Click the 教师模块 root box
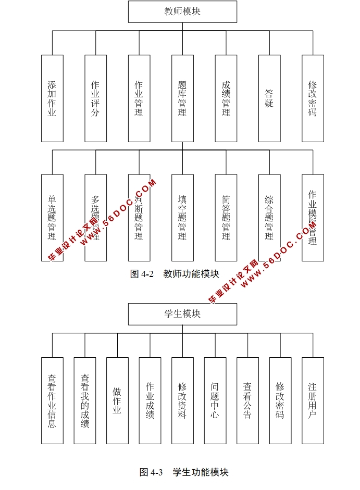[182, 11]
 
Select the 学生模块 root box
[182, 314]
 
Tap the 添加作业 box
[52, 98]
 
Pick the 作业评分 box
[95, 98]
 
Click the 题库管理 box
[182, 98]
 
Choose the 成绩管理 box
[226, 98]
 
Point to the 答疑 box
[269, 98]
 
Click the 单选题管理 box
[52, 218]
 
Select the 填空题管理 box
[182, 218]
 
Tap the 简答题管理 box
[226, 218]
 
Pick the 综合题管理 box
[269, 218]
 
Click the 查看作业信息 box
[52, 400]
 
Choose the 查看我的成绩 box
[84, 400]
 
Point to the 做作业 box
[117, 400]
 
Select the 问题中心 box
[215, 400]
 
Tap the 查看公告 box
[247, 400]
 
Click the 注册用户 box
[313, 400]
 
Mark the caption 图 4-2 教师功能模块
[175, 274]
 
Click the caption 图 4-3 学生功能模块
[184, 472]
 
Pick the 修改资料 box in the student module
[182, 400]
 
